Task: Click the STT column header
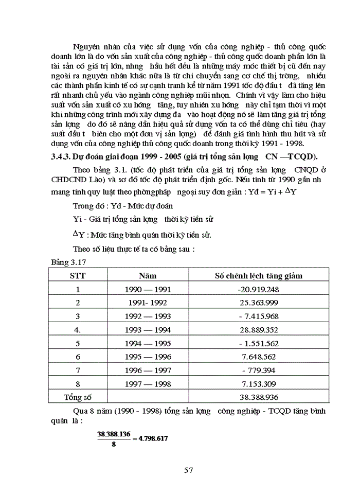click(x=78, y=275)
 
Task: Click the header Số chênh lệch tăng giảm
click(x=258, y=275)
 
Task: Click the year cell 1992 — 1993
click(x=148, y=316)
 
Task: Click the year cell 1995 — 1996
click(x=148, y=356)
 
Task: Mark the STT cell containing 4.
click(x=78, y=329)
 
